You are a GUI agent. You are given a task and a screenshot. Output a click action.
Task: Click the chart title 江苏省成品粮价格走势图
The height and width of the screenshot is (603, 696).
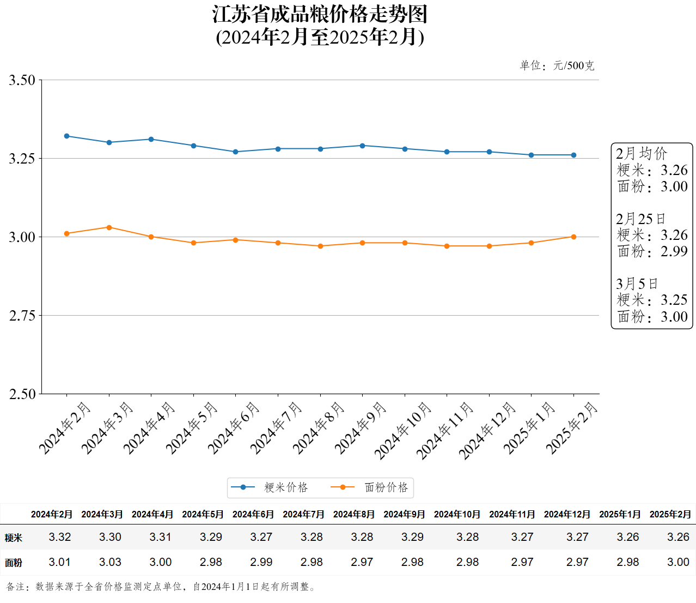click(320, 15)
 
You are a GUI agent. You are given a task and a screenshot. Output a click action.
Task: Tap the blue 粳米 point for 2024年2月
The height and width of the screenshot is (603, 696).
click(67, 136)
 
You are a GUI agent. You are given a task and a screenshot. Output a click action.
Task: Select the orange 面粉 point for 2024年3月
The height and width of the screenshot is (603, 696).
click(109, 227)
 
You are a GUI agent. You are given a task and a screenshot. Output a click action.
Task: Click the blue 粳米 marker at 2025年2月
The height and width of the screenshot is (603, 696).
click(573, 155)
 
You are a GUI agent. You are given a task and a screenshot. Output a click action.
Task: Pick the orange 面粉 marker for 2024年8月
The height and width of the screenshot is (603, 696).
click(320, 246)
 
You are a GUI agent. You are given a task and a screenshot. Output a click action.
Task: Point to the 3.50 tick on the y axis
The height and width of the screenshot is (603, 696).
click(22, 80)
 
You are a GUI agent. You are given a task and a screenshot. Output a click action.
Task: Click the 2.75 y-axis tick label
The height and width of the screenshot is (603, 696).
click(22, 316)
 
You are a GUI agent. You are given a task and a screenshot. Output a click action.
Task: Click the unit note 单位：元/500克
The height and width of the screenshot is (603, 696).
click(557, 66)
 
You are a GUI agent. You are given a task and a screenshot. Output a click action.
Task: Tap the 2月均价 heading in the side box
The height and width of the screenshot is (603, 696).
click(641, 153)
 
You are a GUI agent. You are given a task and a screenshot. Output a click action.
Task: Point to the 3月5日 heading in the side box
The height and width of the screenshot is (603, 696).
click(637, 284)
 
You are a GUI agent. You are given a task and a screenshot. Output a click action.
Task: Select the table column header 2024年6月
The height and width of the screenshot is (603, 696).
click(253, 514)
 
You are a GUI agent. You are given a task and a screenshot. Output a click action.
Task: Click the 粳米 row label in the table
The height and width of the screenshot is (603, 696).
click(14, 538)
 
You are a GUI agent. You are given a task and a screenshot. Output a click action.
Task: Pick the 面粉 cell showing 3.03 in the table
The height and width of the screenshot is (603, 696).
click(110, 562)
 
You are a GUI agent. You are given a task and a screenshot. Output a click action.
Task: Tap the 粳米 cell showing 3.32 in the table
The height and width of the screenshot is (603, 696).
click(60, 537)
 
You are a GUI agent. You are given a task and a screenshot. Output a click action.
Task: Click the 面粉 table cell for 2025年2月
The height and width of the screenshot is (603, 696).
click(678, 562)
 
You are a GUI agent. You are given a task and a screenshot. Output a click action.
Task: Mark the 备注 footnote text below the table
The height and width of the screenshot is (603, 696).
click(161, 587)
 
